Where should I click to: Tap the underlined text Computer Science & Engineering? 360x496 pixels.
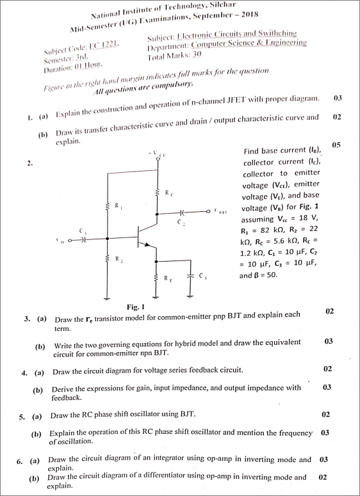[244, 42]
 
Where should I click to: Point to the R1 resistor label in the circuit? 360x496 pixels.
[117, 206]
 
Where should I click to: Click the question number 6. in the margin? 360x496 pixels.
[20, 460]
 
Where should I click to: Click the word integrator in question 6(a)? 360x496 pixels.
[166, 460]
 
